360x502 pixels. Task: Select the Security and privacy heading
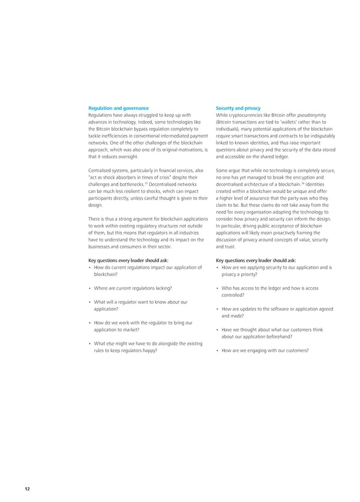pos(238,108)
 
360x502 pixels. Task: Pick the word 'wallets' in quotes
pos(292,122)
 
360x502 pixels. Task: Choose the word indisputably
pos(319,136)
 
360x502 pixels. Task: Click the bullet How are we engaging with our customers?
pos(265,350)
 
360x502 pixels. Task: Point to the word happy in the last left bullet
pos(150,350)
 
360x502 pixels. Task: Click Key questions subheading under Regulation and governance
pos(128,261)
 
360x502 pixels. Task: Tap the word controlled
pos(232,295)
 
